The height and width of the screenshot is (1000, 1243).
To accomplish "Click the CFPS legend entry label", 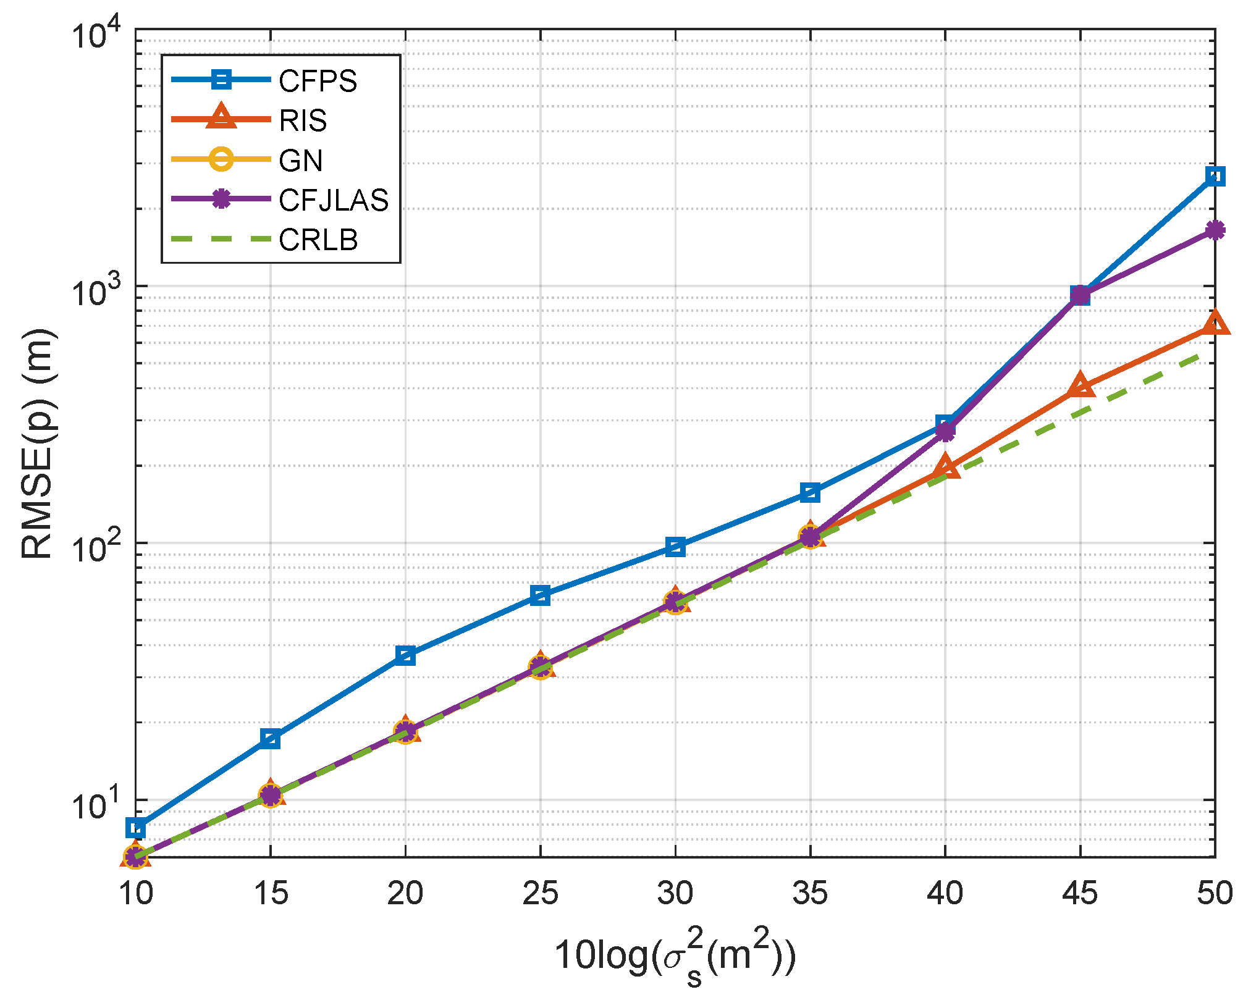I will coord(318,81).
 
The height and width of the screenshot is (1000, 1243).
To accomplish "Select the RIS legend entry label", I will coord(303,120).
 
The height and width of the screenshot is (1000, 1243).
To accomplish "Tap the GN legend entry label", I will coord(301,161).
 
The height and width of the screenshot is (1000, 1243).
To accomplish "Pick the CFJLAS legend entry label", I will coord(334,200).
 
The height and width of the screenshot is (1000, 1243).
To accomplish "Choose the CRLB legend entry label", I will coord(318,240).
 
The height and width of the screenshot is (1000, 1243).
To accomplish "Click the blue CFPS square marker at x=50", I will coord(1215,177).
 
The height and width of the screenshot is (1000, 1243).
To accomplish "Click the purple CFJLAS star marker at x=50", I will coord(1215,230).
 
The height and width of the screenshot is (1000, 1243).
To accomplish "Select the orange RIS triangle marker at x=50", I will coord(1215,323).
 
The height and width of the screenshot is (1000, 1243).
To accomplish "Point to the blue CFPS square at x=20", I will coord(405,655).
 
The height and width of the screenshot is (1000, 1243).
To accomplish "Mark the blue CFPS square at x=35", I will coord(810,492).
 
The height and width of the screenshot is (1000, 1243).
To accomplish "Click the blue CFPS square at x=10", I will coord(136,828).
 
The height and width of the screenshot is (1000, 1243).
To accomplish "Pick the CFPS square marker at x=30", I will coord(675,547).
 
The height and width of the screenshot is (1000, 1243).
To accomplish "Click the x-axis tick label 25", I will coord(540,893).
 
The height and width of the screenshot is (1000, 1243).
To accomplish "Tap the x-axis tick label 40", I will coord(945,893).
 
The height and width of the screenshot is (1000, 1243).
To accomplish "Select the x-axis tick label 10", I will coord(136,893).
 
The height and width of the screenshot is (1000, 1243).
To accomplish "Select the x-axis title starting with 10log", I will coord(675,955).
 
